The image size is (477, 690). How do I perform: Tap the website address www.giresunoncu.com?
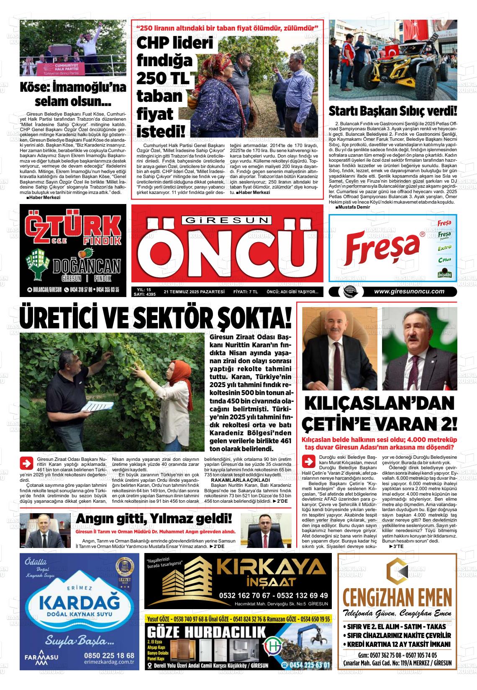(x=409, y=292)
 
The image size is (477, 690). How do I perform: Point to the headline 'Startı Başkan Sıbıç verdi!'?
(x=392, y=111)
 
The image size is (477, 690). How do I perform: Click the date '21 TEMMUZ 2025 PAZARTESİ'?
(x=194, y=292)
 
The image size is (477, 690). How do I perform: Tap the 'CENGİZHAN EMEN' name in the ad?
(x=397, y=596)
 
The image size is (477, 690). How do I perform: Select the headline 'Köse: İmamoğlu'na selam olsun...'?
(x=73, y=95)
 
